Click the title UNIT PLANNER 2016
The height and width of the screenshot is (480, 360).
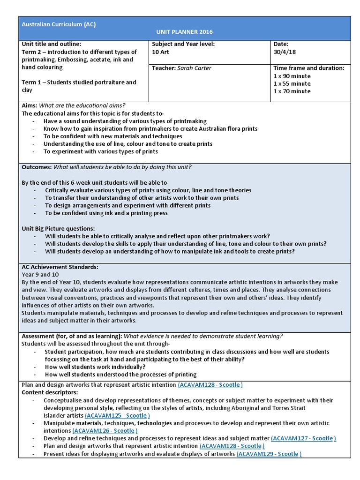click(184, 32)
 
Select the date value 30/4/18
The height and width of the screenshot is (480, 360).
click(284, 52)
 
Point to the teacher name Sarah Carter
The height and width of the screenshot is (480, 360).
click(194, 68)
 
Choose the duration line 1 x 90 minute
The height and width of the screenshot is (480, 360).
click(292, 76)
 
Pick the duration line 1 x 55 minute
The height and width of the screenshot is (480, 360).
click(292, 83)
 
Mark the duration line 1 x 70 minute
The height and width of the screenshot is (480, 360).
click(292, 91)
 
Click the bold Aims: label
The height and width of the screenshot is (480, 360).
click(30, 105)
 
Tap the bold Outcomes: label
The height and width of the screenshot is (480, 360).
click(37, 167)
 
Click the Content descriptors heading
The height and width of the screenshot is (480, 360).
click(50, 392)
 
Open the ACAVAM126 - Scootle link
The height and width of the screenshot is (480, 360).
click(105, 430)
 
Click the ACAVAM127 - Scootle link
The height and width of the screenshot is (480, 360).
click(303, 438)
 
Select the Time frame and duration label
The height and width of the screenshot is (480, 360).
click(308, 68)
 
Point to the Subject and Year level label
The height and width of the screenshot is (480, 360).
click(183, 44)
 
